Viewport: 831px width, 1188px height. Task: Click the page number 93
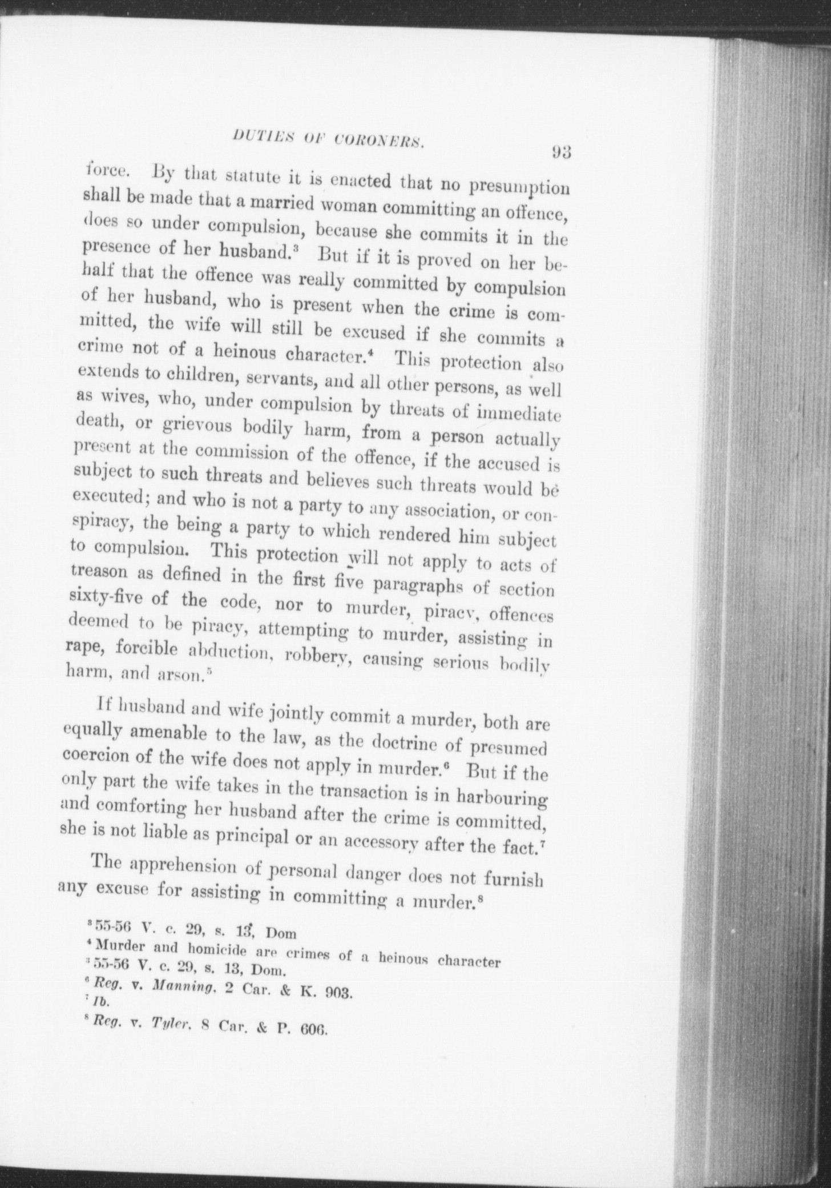(x=562, y=152)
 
